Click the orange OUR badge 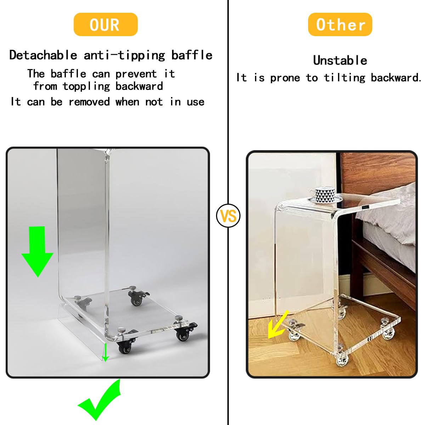click(106, 24)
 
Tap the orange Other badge click(340, 24)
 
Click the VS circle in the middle click(228, 216)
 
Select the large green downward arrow click(38, 251)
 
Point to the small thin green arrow click(106, 352)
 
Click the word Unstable click(340, 61)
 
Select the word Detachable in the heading click(43, 55)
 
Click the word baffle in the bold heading click(192, 55)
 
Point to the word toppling click(86, 86)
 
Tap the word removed click(89, 102)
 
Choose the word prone click(285, 78)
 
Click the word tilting click(345, 78)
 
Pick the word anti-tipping click(124, 55)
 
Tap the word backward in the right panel click(396, 78)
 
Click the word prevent click(136, 74)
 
